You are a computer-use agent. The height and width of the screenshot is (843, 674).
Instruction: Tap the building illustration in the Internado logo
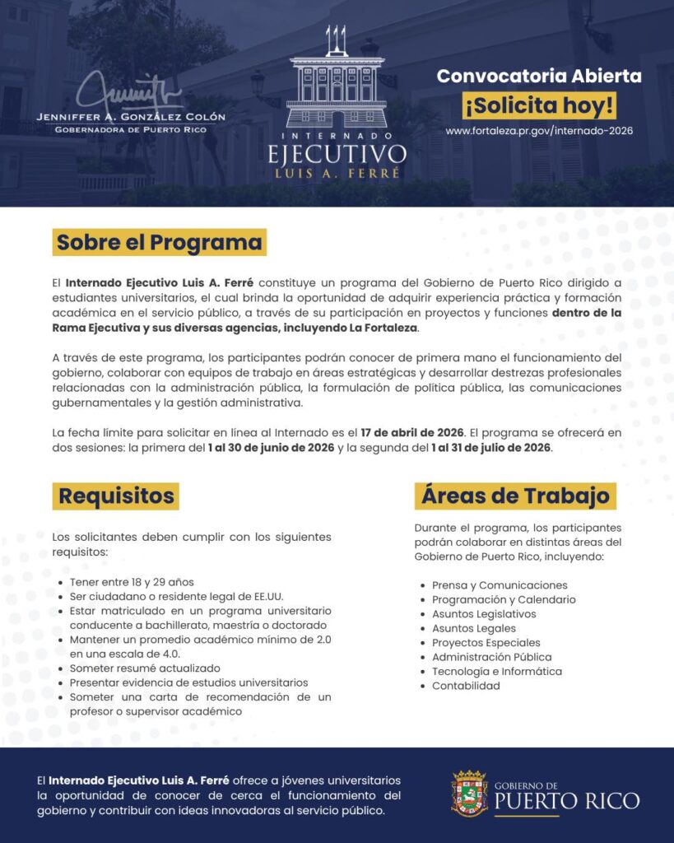337,91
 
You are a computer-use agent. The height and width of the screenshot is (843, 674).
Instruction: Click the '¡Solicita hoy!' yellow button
539,106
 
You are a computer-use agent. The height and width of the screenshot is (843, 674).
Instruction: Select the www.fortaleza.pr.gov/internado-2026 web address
539,131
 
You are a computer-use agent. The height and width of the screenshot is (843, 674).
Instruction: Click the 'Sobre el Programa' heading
160,243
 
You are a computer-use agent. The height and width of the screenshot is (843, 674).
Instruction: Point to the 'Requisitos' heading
116,496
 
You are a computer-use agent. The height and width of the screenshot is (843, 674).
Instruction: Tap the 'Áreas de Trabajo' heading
515,496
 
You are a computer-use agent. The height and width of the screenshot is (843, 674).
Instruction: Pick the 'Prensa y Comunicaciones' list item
500,585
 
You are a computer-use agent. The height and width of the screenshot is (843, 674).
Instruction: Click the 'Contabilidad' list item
466,686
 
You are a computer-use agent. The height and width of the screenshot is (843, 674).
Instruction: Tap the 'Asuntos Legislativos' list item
484,614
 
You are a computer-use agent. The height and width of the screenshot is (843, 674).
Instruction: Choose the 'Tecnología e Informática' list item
497,672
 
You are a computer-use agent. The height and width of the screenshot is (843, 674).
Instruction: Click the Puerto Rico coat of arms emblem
469,794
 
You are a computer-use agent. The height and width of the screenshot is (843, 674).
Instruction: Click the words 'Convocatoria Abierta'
539,77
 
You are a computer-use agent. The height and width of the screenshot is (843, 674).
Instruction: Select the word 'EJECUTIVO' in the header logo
337,155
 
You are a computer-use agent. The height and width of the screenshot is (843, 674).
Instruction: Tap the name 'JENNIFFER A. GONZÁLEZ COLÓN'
131,117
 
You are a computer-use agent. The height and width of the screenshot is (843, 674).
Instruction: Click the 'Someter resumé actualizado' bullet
145,668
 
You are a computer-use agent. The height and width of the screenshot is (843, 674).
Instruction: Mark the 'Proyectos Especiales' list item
486,643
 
